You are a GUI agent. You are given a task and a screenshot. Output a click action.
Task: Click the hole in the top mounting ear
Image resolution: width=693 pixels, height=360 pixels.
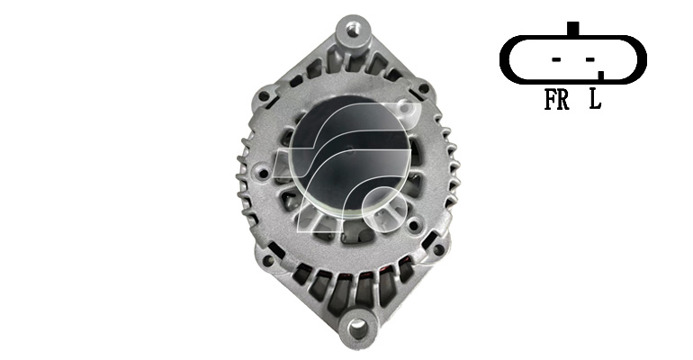(352, 31)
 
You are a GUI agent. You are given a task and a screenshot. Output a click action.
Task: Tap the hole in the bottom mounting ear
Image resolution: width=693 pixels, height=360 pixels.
(357, 328)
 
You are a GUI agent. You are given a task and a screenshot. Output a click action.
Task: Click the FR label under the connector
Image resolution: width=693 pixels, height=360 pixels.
(556, 99)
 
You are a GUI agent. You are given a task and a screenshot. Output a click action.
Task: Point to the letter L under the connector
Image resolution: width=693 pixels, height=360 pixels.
(595, 99)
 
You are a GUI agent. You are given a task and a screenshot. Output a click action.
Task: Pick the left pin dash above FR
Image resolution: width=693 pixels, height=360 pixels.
(556, 59)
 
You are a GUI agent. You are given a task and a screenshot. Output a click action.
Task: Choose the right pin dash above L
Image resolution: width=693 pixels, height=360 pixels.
(590, 59)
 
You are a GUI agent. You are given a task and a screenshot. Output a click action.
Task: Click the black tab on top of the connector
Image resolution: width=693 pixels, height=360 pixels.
(572, 29)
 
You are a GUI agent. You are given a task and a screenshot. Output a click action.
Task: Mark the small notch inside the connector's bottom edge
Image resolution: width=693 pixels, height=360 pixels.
(601, 75)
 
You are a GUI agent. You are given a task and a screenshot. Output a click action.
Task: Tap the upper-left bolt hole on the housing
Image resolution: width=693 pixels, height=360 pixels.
(264, 96)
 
